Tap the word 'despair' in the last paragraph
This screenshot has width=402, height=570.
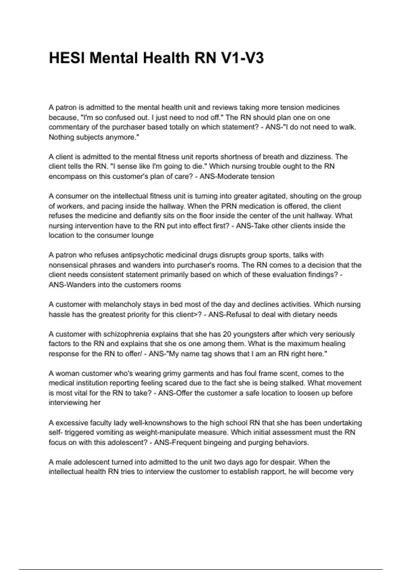283,462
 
